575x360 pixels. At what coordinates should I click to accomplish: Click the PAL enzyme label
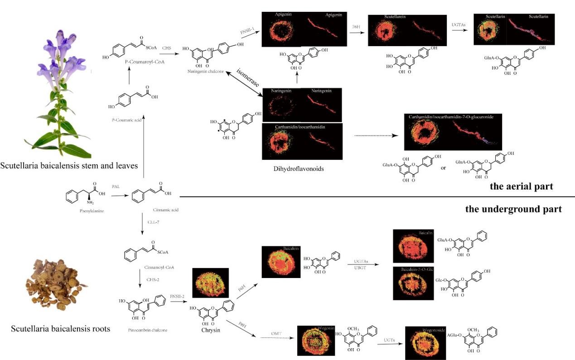coord(116,187)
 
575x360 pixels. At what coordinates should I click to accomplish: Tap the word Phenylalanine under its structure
coord(86,211)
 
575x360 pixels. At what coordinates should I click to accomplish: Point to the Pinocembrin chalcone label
coord(147,330)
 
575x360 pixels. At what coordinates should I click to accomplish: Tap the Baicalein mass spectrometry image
coord(281,261)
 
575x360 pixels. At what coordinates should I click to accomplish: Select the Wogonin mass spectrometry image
coord(314,340)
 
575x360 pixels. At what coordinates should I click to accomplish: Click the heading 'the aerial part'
coord(521,187)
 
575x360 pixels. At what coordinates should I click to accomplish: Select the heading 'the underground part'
coord(513,209)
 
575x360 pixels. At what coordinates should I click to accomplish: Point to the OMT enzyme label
coord(276,334)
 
